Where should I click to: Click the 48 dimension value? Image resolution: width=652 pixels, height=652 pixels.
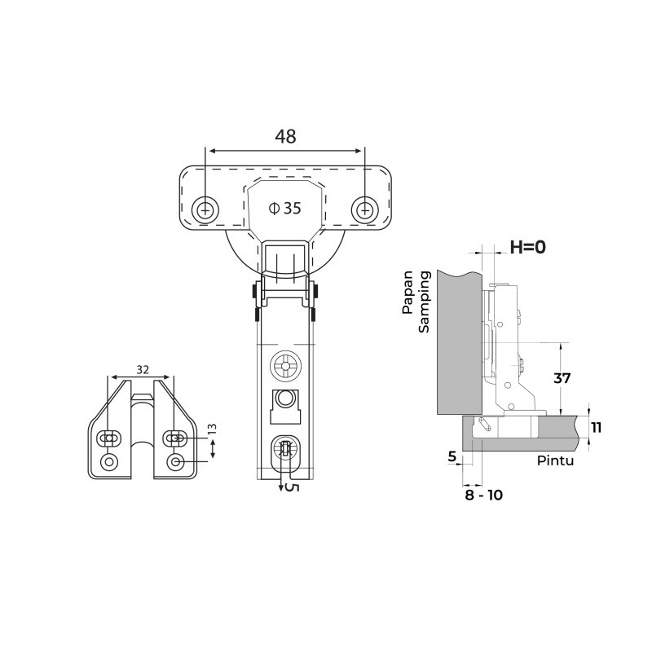pyautogui.click(x=285, y=136)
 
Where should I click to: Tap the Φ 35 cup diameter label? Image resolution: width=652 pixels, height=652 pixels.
pyautogui.click(x=284, y=208)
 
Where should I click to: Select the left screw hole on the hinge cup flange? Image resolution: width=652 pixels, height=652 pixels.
pyautogui.click(x=205, y=210)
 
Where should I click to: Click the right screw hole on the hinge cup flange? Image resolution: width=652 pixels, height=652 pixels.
pyautogui.click(x=364, y=210)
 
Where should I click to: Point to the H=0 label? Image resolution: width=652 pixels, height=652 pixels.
pyautogui.click(x=527, y=247)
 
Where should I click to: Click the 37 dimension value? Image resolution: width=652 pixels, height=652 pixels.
pyautogui.click(x=562, y=378)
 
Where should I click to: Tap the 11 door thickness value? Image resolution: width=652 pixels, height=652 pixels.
pyautogui.click(x=597, y=427)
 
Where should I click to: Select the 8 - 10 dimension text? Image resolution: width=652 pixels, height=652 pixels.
pyautogui.click(x=483, y=495)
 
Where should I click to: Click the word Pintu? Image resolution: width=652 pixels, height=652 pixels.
pyautogui.click(x=555, y=460)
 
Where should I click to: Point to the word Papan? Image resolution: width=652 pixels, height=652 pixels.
pyautogui.click(x=407, y=292)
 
